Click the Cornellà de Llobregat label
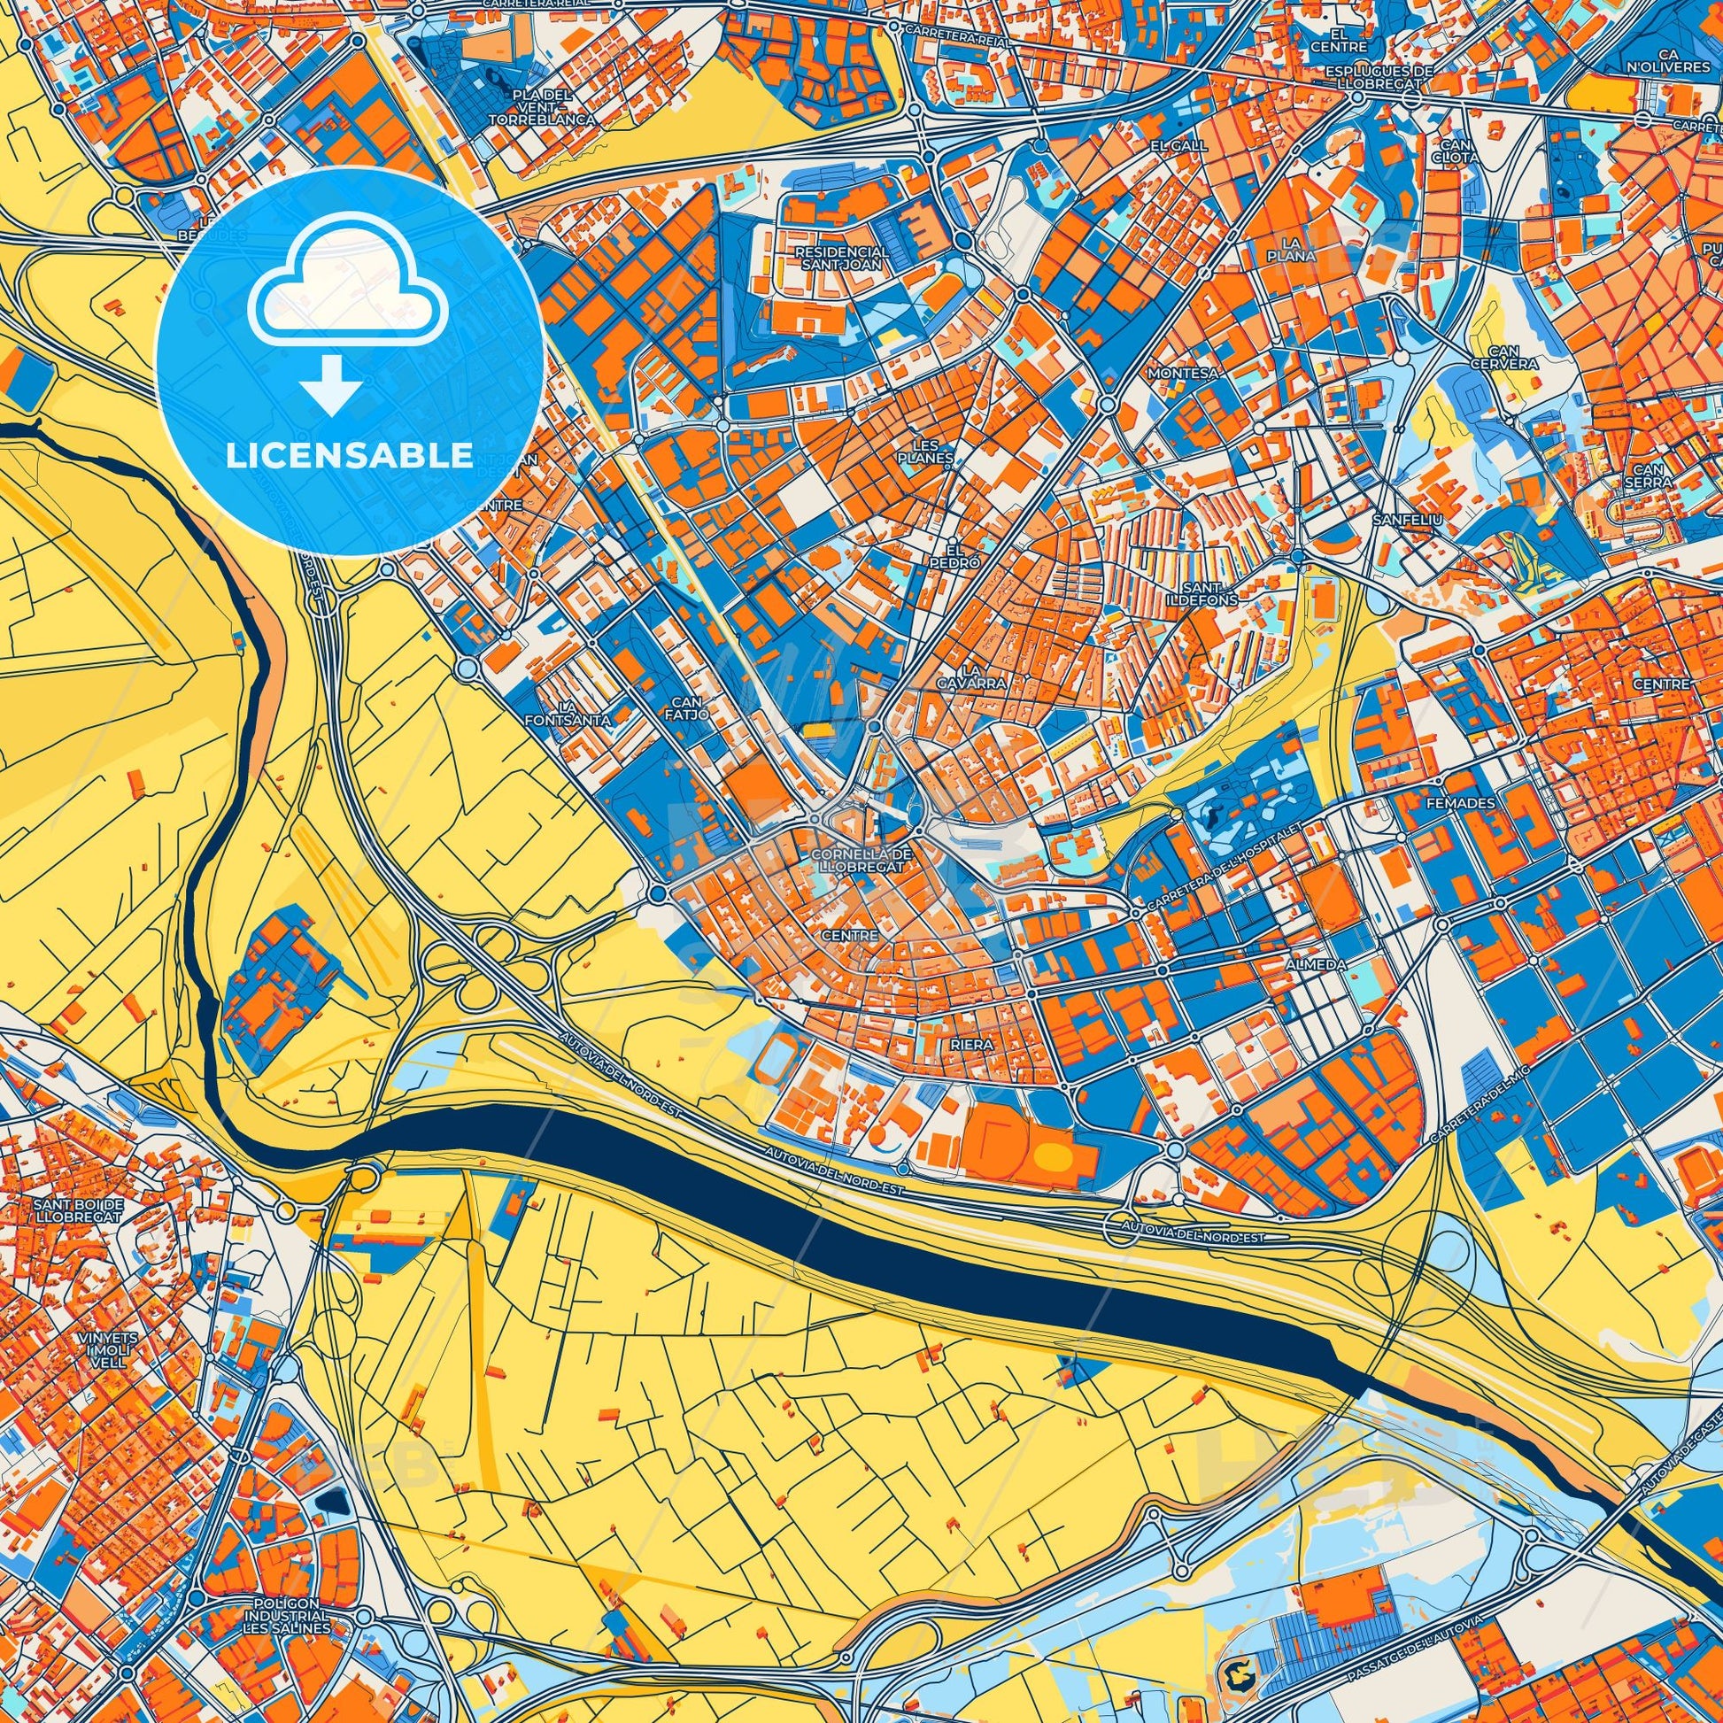tap(861, 860)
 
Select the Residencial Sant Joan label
tap(842, 259)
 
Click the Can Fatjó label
tap(692, 708)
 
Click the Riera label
tap(972, 1042)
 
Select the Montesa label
tap(1183, 373)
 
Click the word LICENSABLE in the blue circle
tap(350, 456)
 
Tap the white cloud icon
tap(349, 292)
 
